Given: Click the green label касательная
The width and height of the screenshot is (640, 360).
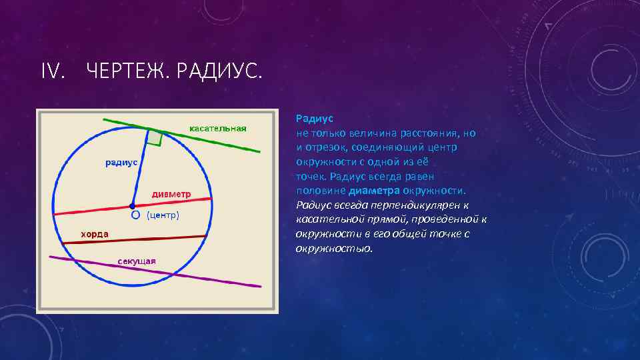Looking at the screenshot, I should [218, 128].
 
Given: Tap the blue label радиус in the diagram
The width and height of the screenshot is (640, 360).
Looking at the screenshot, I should [121, 162].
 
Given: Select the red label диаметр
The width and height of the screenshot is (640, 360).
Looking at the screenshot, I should [171, 194].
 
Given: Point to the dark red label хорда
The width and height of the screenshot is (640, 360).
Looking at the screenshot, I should [95, 234].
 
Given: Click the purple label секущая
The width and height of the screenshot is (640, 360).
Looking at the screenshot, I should [137, 260].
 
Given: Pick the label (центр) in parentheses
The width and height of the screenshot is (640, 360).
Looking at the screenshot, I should [163, 215].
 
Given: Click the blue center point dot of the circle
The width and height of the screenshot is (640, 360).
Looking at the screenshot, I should [133, 206].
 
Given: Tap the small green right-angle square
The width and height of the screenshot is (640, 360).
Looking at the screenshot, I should [155, 137].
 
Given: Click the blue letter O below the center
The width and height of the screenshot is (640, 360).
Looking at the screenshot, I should [135, 216].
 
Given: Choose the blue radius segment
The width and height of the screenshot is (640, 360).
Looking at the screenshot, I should [140, 173].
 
